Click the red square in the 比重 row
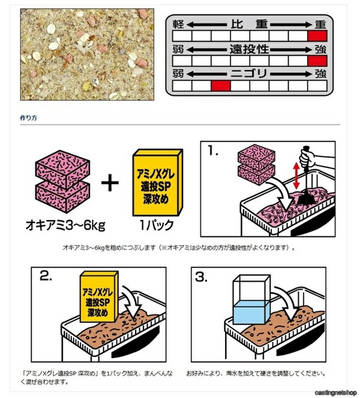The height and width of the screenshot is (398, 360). click(317, 36)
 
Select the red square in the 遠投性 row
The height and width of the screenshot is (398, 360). click(317, 61)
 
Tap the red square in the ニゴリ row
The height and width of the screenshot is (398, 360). click(221, 86)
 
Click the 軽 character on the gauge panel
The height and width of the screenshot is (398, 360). click(178, 25)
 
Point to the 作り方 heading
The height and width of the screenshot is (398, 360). click(28, 118)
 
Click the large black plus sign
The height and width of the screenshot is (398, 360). click(110, 182)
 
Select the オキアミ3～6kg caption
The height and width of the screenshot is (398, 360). click(65, 225)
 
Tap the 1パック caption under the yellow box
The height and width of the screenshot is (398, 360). click(157, 225)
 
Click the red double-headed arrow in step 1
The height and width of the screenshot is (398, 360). click(296, 176)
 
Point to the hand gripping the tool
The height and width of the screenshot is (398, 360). click(307, 157)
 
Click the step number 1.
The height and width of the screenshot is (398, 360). click(212, 151)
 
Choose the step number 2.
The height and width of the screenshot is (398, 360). click(46, 276)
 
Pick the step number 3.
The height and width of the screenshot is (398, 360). click(201, 277)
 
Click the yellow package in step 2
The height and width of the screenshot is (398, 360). click(99, 297)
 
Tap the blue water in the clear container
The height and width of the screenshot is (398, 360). click(251, 312)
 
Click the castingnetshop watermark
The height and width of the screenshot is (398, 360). click(335, 393)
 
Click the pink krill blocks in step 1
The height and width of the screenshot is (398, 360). click(256, 164)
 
